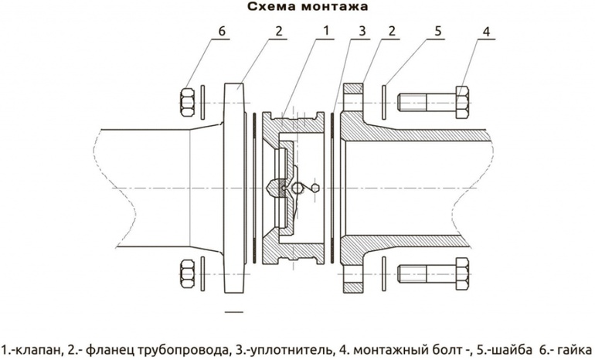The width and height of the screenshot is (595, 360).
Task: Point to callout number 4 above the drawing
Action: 487,30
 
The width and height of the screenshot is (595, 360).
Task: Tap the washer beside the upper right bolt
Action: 384,100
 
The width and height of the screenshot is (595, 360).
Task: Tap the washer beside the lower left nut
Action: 202,273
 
